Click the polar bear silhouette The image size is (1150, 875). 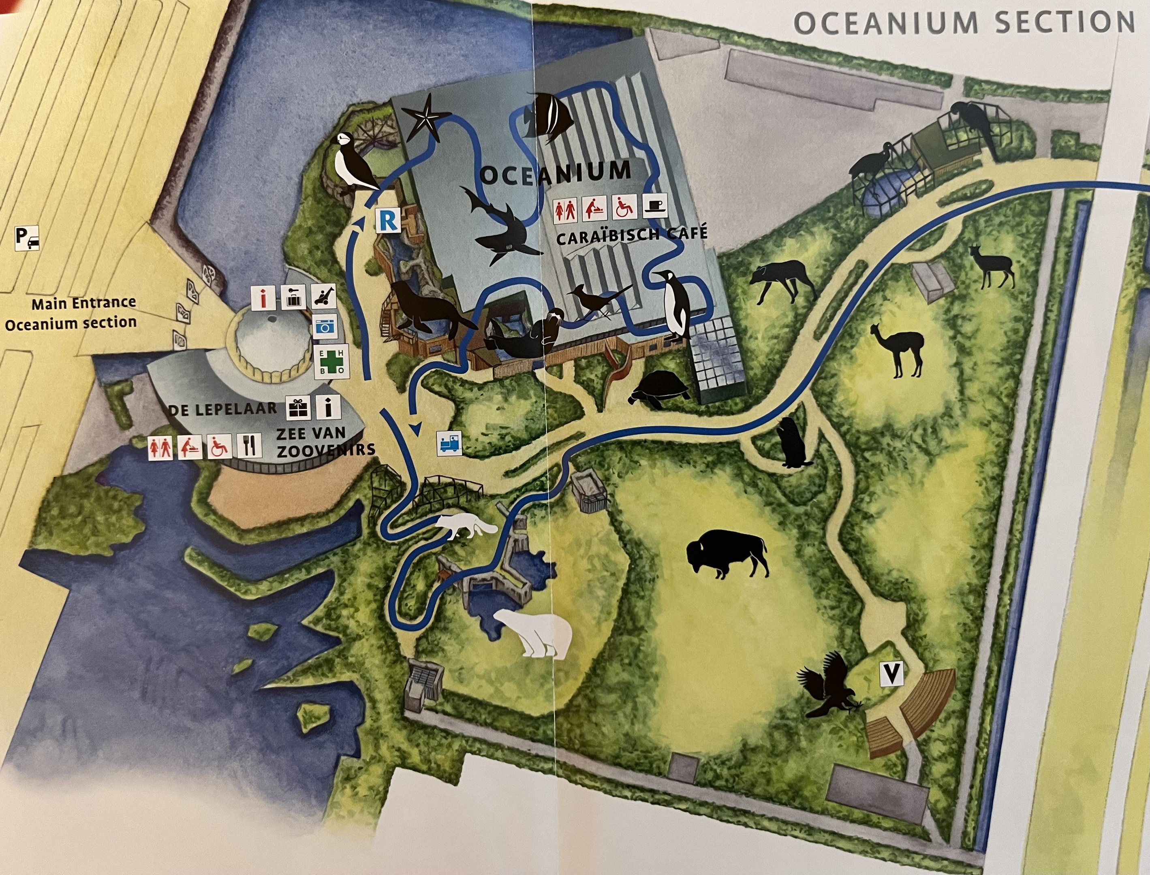tap(532, 633)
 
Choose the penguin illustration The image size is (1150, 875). tap(675, 304)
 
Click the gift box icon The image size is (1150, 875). tap(298, 407)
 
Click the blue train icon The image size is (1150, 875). tap(449, 443)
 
